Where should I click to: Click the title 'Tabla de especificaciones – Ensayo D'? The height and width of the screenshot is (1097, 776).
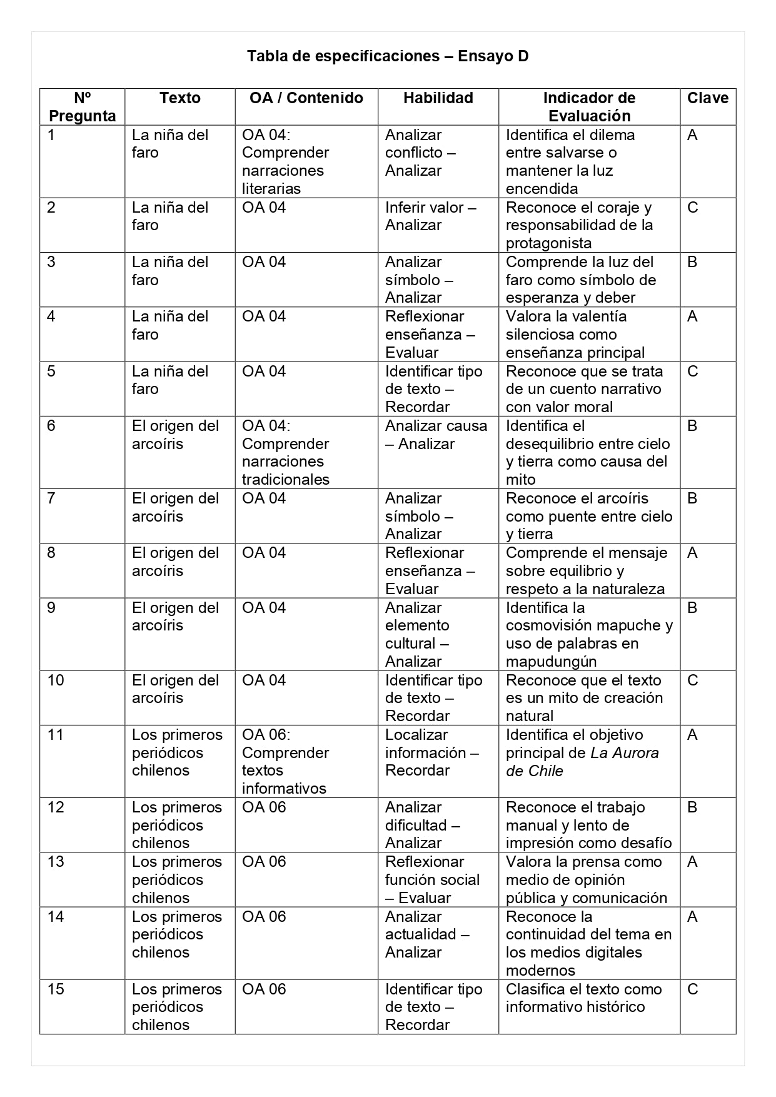tap(388, 56)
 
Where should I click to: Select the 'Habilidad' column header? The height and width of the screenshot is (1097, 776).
tap(438, 98)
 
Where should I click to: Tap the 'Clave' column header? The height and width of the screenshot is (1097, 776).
tap(707, 98)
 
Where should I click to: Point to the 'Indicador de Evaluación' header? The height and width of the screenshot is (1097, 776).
tap(589, 107)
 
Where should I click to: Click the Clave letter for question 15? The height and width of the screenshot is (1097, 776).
tap(692, 989)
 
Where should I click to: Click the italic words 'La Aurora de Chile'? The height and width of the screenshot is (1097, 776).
tap(582, 762)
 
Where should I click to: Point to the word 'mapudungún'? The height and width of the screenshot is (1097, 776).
tap(551, 662)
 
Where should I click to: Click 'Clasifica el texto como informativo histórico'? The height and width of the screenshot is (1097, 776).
tap(583, 998)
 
